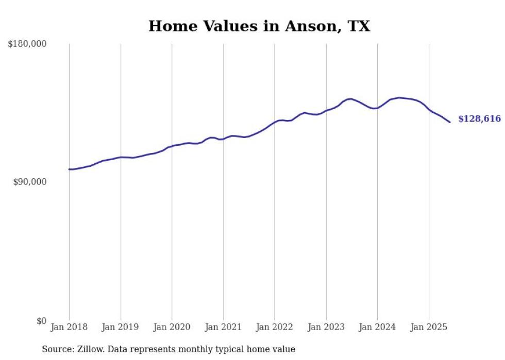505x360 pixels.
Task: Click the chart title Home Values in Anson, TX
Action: [x=259, y=26]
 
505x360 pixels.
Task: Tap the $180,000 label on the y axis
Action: [x=27, y=44]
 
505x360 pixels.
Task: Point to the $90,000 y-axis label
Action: [x=29, y=182]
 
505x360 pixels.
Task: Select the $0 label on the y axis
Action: [x=40, y=321]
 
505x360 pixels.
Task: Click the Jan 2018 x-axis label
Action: [x=69, y=327]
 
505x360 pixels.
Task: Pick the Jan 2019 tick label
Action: [x=120, y=327]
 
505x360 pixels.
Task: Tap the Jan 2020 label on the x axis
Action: [x=172, y=327]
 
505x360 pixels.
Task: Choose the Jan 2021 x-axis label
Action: [x=223, y=327]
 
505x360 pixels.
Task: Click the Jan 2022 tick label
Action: [x=275, y=327]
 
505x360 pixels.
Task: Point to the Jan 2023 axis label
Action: [x=326, y=327]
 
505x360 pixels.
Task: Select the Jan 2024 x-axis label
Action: [x=377, y=327]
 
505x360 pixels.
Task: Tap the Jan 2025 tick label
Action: [x=429, y=327]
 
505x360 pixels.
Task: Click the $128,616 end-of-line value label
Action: [x=479, y=119]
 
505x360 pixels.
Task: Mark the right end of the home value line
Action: [x=450, y=122]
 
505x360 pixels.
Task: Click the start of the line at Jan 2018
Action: [x=69, y=169]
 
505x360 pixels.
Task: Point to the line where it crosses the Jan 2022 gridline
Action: [x=275, y=122]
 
